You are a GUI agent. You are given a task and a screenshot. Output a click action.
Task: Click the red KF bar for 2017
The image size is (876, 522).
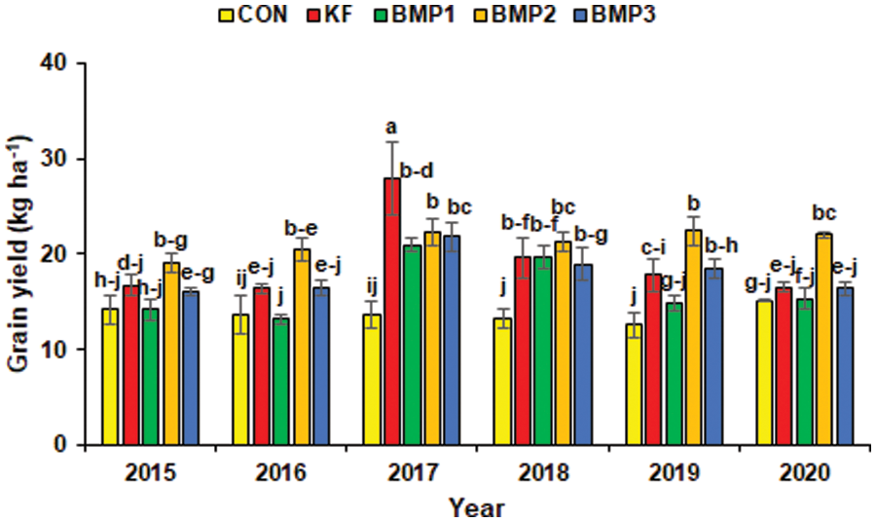click(x=391, y=312)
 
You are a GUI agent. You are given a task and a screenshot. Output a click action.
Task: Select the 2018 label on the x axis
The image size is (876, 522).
click(x=543, y=473)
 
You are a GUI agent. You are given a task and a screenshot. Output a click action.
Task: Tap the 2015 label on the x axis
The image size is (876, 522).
click(x=151, y=473)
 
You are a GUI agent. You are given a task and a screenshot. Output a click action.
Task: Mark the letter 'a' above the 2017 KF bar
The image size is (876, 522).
click(x=391, y=127)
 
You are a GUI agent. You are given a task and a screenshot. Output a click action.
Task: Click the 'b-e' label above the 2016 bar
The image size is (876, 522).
click(x=303, y=230)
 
